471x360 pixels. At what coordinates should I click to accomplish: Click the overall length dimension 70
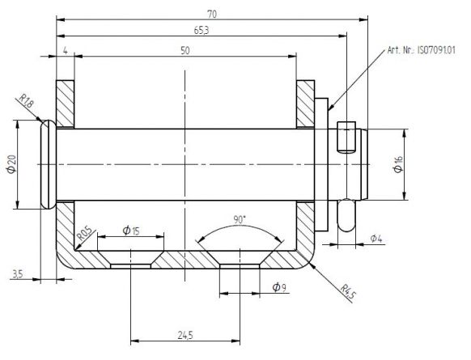pyautogui.click(x=213, y=14)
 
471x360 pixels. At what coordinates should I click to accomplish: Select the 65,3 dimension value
pyautogui.click(x=197, y=30)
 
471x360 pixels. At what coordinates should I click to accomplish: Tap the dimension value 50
pyautogui.click(x=185, y=51)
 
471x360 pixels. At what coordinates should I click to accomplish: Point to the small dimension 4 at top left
pyautogui.click(x=64, y=51)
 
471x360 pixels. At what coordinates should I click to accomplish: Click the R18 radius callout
pyautogui.click(x=24, y=103)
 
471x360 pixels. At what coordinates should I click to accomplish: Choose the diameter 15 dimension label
pyautogui.click(x=130, y=231)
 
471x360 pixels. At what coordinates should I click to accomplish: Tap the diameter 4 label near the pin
pyautogui.click(x=376, y=238)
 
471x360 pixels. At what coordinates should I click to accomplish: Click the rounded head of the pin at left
pyautogui.click(x=46, y=164)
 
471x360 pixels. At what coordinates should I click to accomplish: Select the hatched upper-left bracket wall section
pyautogui.click(x=65, y=104)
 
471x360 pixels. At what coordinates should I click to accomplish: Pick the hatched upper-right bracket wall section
pyautogui.click(x=306, y=104)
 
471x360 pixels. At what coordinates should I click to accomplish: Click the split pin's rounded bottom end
pyautogui.click(x=346, y=220)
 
